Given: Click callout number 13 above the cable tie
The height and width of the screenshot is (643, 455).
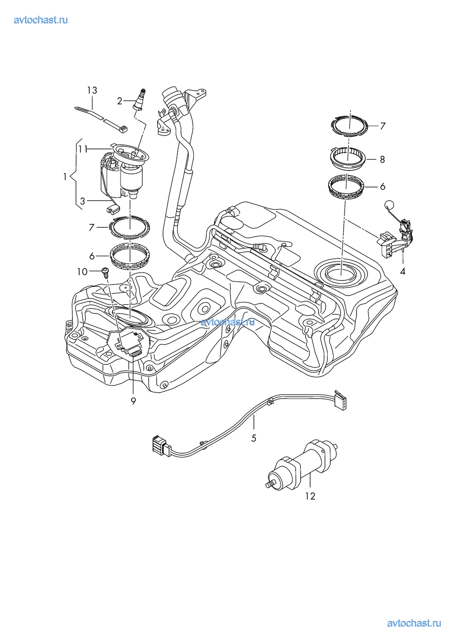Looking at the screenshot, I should (x=93, y=90).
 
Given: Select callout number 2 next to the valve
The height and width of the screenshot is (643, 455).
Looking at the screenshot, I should (x=120, y=101).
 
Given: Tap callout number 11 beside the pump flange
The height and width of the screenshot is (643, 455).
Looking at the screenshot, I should (x=82, y=149).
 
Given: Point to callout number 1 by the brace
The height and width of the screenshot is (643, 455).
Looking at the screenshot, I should (x=66, y=176).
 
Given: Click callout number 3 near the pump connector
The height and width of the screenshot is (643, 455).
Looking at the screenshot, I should (x=82, y=200).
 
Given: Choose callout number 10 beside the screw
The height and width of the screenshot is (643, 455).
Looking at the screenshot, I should (x=82, y=272).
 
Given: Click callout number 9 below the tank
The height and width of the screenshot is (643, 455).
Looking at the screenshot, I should (x=133, y=401).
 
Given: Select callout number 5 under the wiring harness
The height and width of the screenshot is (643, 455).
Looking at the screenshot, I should (x=253, y=438).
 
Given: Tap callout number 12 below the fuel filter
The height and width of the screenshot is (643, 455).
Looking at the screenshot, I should (x=310, y=495).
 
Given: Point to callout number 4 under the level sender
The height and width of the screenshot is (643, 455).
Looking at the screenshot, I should (x=402, y=271).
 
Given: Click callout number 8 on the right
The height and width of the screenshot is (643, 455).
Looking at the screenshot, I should (x=382, y=159).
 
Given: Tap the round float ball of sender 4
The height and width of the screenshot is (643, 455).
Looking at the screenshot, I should (x=389, y=206).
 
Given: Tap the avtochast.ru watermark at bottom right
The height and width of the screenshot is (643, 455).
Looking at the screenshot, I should (x=414, y=623).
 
